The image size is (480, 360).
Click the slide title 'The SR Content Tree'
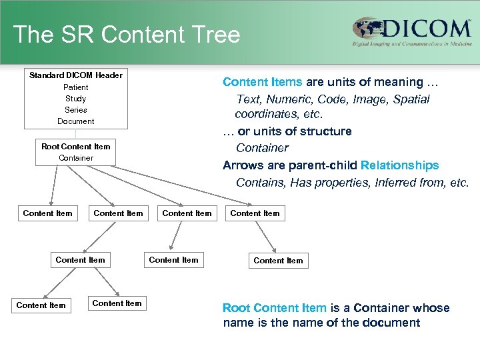126,34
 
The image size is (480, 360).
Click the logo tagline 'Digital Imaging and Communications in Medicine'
412,44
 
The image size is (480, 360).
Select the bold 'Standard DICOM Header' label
75,75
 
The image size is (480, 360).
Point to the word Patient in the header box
75,87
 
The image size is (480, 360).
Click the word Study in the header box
75,99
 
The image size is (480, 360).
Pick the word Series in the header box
75,110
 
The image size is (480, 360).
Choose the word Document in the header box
75,121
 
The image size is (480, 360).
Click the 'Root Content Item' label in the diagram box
75,147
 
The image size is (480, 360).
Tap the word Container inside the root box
75,158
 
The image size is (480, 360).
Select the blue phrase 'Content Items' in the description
262,82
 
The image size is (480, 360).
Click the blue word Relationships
399,165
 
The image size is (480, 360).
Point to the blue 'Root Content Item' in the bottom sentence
274,308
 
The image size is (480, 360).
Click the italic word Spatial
411,99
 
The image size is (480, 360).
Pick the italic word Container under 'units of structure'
262,148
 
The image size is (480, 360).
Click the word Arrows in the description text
243,165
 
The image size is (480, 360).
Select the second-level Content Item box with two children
80,259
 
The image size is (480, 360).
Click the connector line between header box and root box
75,134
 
